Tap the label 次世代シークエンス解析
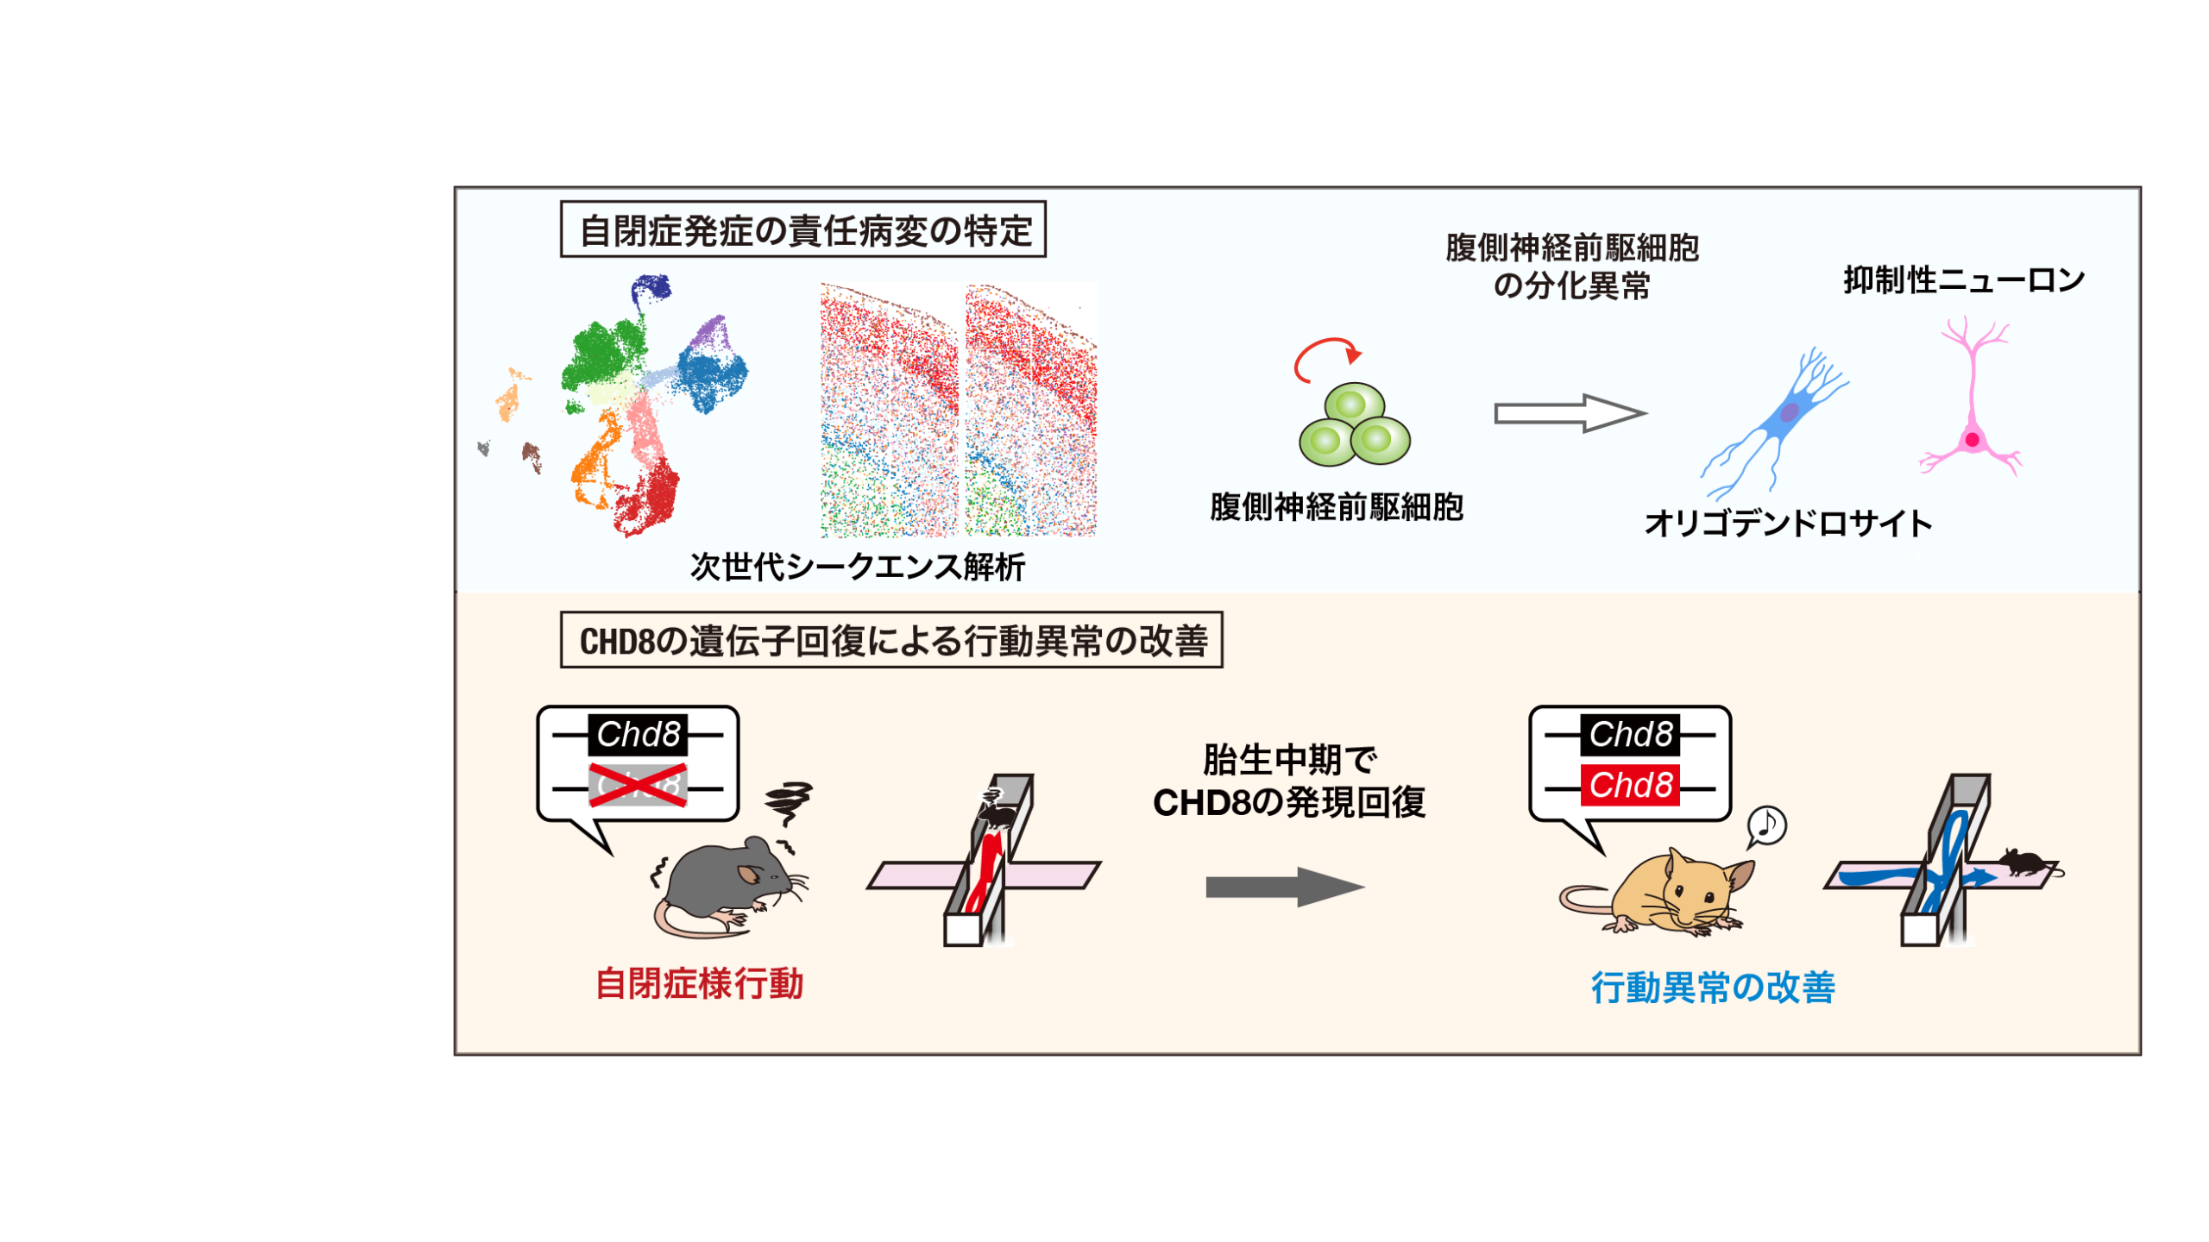click(857, 567)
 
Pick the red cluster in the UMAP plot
click(647, 495)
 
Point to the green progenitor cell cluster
click(1355, 424)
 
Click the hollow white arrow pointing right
click(1570, 414)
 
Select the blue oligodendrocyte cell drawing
click(1774, 423)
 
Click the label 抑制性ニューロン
click(1964, 279)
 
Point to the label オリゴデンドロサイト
click(1788, 524)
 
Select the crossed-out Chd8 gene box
click(638, 786)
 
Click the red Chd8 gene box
click(1630, 786)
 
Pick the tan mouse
click(1658, 893)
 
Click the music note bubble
click(1766, 826)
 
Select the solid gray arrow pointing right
click(1285, 887)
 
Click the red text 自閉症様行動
click(699, 984)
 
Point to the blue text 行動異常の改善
click(1713, 988)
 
